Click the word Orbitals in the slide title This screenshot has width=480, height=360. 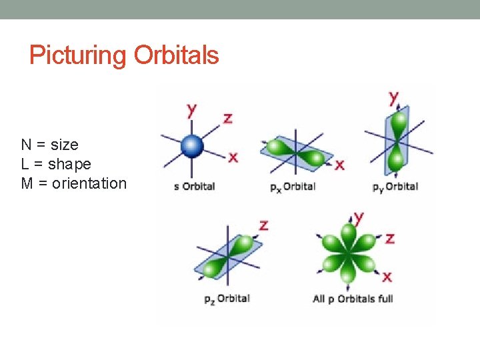(x=176, y=55)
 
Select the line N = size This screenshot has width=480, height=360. (x=50, y=145)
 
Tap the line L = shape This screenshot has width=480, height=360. (x=56, y=164)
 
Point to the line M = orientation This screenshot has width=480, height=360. (x=73, y=183)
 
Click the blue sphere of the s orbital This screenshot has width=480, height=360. (x=192, y=145)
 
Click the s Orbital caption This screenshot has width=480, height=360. (x=194, y=186)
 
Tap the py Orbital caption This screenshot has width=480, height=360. (x=395, y=186)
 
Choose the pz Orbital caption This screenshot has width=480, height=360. (x=227, y=298)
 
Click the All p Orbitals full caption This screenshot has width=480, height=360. (x=353, y=298)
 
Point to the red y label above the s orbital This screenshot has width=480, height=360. (x=192, y=109)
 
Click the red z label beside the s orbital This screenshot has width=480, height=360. (x=227, y=119)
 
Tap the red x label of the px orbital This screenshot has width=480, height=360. (x=339, y=164)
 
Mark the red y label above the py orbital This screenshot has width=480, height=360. (x=394, y=97)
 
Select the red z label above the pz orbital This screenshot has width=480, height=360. (x=264, y=225)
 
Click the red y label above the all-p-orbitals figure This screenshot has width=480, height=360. (x=359, y=217)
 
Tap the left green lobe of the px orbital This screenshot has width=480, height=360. (x=277, y=147)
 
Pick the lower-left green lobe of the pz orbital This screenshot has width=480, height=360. (x=212, y=268)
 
